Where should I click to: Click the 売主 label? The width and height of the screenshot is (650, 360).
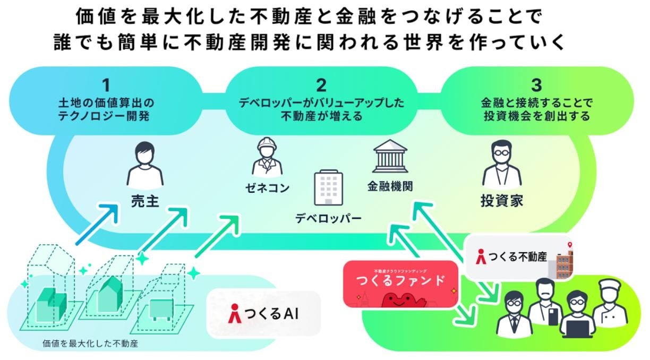pyautogui.click(x=141, y=201)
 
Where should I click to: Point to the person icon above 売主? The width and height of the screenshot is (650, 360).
pyautogui.click(x=141, y=163)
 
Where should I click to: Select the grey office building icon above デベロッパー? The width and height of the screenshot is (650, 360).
pyautogui.click(x=328, y=187)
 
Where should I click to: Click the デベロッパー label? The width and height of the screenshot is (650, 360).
pyautogui.click(x=328, y=218)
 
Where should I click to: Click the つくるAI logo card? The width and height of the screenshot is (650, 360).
pyautogui.click(x=263, y=314)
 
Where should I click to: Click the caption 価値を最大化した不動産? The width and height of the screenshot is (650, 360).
pyautogui.click(x=90, y=344)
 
